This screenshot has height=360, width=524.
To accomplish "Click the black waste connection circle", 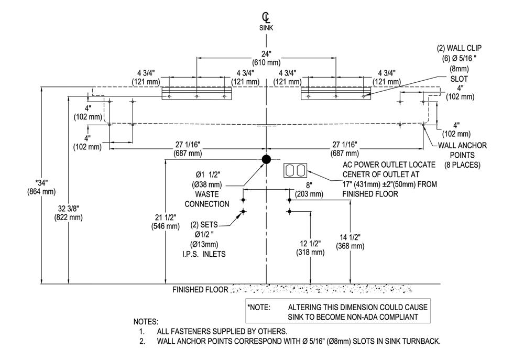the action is point(266,159).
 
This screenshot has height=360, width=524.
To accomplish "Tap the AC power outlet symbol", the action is point(296,171).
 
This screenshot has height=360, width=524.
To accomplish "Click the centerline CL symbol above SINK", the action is point(266,17).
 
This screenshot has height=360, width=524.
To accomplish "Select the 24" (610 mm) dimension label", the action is point(266,58).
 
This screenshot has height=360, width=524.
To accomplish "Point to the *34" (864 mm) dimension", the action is point(41,187).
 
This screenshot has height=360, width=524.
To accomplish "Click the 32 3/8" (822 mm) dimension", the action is point(68,213).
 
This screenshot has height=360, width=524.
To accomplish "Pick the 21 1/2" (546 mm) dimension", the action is point(166,222).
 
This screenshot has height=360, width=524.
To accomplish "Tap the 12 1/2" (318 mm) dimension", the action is point(310,248).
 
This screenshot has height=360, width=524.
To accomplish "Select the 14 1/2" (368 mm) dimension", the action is point(350,242).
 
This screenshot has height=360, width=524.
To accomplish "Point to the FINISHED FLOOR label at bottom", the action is point(200,290).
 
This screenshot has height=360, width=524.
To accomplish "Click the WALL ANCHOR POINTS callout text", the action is point(462,155).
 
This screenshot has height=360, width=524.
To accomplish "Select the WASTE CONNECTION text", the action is point(207,199).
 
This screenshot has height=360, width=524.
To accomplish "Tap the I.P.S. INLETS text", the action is point(204,254).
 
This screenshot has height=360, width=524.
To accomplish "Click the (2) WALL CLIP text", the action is point(459,48).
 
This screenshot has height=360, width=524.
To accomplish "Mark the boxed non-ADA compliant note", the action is point(338,311).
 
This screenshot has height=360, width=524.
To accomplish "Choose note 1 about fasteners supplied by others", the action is point(213,332).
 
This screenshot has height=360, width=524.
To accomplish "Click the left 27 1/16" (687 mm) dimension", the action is point(188,149).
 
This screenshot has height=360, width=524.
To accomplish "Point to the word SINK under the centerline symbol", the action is point(266,28).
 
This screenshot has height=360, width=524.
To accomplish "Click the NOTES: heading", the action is point(146,322).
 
